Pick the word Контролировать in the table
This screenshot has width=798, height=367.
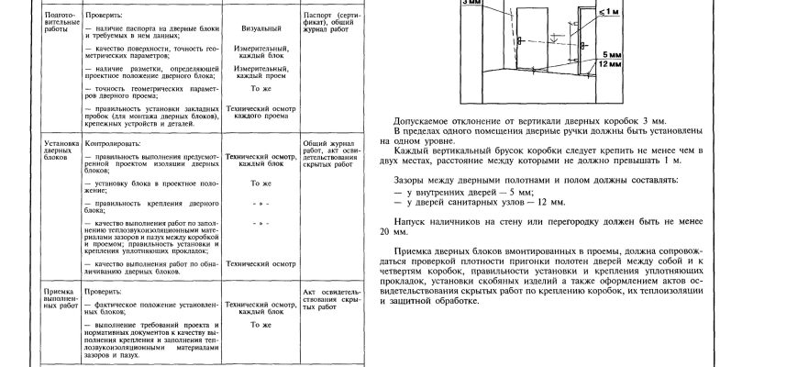109,144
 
